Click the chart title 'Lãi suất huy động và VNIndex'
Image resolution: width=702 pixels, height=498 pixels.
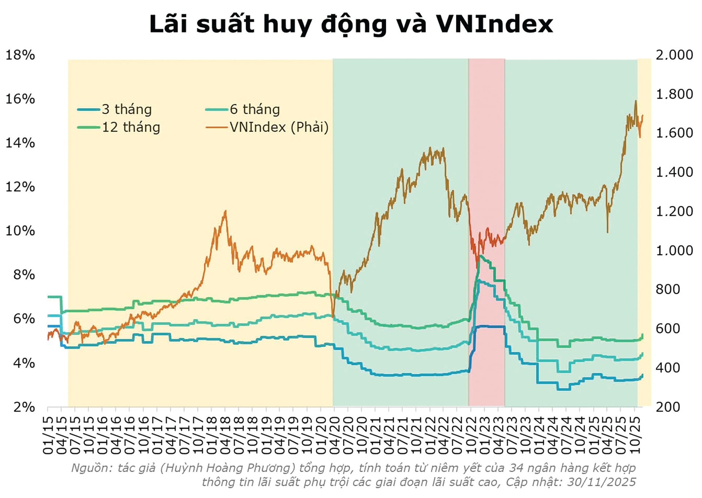pyautogui.click(x=351, y=24)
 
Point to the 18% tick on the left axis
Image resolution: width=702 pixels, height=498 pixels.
pyautogui.click(x=20, y=55)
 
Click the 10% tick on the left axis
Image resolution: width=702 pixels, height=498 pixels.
pyautogui.click(x=20, y=231)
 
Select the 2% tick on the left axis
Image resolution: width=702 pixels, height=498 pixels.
pyautogui.click(x=24, y=407)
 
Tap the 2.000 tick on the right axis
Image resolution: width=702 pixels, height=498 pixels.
pyautogui.click(x=674, y=55)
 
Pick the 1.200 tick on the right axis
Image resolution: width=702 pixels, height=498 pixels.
pyautogui.click(x=674, y=211)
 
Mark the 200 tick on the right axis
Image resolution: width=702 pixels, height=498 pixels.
pyautogui.click(x=668, y=407)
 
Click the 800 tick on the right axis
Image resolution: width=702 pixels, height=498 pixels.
pyautogui.click(x=668, y=289)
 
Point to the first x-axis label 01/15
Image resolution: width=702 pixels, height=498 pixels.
pyautogui.click(x=48, y=435)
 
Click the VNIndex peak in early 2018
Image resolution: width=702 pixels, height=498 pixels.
pyautogui.click(x=225, y=211)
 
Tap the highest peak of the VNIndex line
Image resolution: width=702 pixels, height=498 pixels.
pyautogui.click(x=635, y=101)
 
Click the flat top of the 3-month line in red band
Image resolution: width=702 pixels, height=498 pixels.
pyautogui.click(x=490, y=326)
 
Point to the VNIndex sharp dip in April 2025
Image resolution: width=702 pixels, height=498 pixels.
pyautogui.click(x=607, y=232)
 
